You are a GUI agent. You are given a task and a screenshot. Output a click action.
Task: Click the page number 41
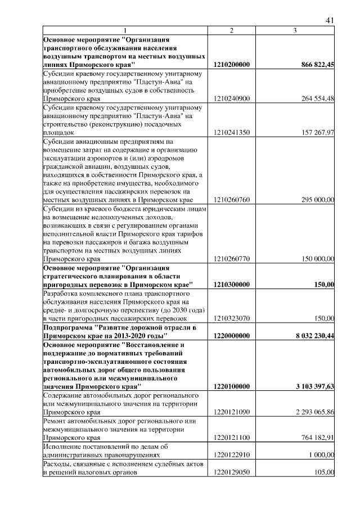[330, 20]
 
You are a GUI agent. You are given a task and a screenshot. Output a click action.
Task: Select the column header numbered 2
[231, 30]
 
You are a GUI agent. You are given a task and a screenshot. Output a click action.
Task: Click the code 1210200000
[232, 65]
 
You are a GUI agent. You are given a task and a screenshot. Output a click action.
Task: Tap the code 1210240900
[232, 99]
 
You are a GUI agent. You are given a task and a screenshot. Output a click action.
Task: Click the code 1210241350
[232, 133]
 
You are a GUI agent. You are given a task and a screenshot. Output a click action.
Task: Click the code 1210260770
[232, 259]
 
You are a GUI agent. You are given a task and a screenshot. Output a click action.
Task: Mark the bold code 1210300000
[232, 285]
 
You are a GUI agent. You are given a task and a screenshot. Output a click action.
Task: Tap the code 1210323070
[232, 318]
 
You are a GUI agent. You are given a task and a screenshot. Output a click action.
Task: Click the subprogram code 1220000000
[232, 335]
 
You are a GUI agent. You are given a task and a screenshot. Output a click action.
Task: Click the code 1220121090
[232, 412]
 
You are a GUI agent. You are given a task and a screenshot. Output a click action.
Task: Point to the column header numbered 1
[125, 30]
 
